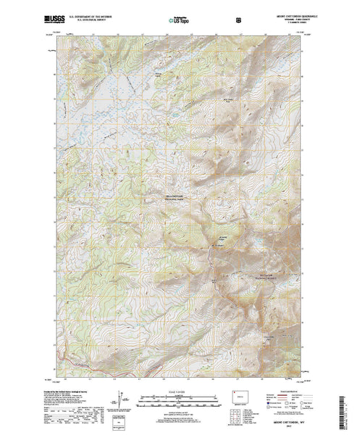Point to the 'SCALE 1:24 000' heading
click(x=180, y=391)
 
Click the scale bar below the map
click(x=180, y=397)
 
